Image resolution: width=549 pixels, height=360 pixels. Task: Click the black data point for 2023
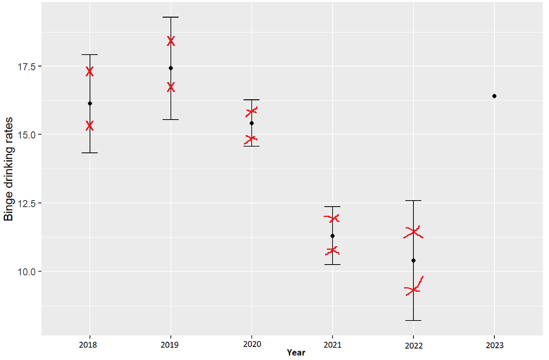pos(494,96)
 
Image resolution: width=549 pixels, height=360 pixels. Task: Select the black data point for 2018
pos(90,104)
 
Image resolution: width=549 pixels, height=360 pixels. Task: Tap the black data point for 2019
pos(170,68)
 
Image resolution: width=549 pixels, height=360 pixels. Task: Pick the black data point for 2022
pos(413,261)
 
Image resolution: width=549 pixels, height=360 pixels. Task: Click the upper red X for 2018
pos(90,71)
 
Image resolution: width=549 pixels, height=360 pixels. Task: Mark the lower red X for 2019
pos(170,87)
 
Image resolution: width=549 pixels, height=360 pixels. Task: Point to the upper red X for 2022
pos(413,233)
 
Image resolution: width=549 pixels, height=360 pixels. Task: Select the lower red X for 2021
pos(332,250)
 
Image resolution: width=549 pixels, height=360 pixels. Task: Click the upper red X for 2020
pos(251,112)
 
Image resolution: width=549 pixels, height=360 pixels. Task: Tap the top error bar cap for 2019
pos(170,17)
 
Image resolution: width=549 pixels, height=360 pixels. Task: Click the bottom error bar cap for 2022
pos(413,320)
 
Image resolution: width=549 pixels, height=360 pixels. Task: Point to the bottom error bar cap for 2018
pos(90,153)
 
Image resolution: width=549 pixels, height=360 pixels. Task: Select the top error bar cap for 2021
pos(332,207)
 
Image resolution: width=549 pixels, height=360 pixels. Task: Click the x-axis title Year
pos(296,352)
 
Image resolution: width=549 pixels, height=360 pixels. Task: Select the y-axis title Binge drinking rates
pos(9,169)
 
